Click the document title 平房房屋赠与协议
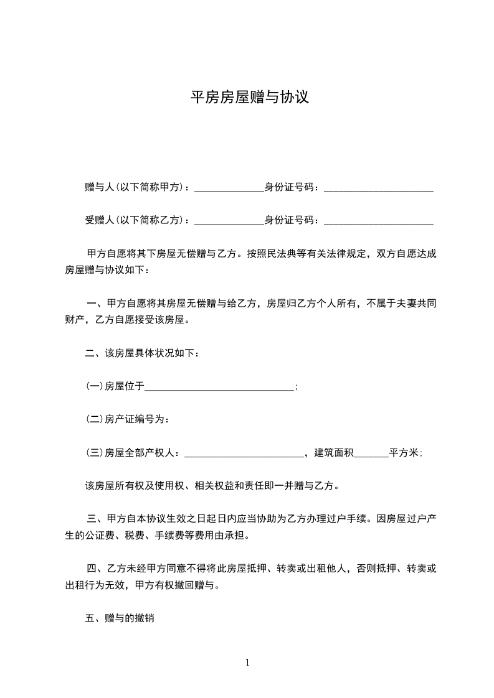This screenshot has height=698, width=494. pos(249,98)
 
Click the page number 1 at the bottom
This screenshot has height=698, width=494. pos(247,663)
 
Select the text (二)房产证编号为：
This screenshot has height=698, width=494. pos(127,419)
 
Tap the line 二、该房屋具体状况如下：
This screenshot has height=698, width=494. pos(142,353)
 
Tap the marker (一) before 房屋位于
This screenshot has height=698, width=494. pos(94,387)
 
